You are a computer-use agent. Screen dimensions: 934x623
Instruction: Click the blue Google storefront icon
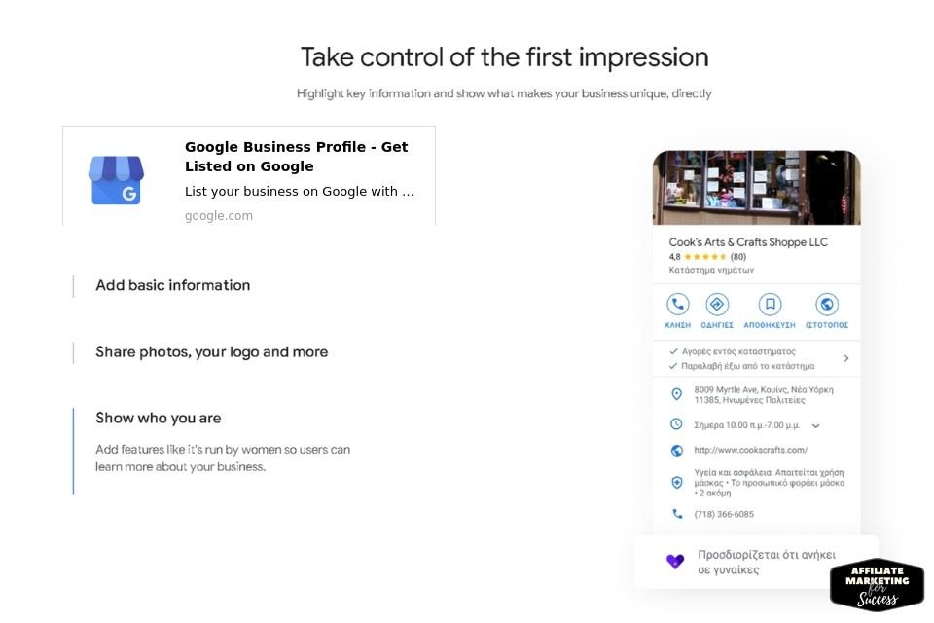click(x=116, y=180)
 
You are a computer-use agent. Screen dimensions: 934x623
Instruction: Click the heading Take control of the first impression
click(x=505, y=57)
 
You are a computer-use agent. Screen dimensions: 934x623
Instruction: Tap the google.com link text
click(x=219, y=216)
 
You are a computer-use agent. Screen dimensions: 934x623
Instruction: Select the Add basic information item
click(x=173, y=285)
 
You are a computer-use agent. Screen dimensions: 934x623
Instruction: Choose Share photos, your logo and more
click(x=211, y=352)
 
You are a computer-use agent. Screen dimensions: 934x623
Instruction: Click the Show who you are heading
click(x=159, y=418)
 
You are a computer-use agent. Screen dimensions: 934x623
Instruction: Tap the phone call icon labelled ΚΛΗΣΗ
click(x=678, y=304)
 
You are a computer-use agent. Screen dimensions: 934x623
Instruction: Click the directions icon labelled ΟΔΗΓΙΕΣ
click(x=717, y=304)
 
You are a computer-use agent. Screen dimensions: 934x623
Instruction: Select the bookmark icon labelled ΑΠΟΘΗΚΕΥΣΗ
click(x=770, y=304)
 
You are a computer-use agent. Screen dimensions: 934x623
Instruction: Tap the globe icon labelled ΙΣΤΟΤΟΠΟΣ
click(x=827, y=304)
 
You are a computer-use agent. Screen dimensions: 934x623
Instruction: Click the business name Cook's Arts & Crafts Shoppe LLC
click(x=748, y=242)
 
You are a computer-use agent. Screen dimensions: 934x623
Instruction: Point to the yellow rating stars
click(x=705, y=257)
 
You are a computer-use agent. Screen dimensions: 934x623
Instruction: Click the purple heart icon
click(x=675, y=561)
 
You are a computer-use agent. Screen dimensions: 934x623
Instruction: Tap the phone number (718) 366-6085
click(x=724, y=514)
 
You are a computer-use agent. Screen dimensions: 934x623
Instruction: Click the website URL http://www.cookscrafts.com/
click(x=750, y=450)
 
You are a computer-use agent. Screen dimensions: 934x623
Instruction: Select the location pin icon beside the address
click(x=677, y=394)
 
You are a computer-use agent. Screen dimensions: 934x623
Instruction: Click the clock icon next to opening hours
click(x=677, y=424)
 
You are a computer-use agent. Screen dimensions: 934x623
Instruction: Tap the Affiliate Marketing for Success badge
click(x=877, y=585)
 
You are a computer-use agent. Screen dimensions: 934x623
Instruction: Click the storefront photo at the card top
click(x=757, y=187)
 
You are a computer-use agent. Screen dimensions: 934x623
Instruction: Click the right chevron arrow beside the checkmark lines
click(x=846, y=358)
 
